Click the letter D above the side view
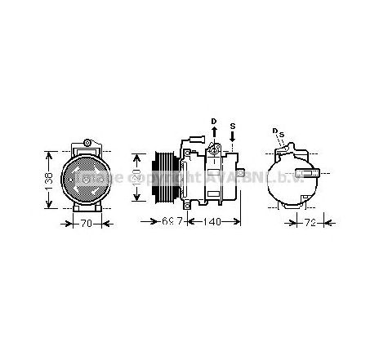pyautogui.click(x=215, y=122)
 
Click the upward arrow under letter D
pyautogui.click(x=215, y=134)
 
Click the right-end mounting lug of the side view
pyautogui.click(x=238, y=171)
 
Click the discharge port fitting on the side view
pyautogui.click(x=215, y=147)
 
